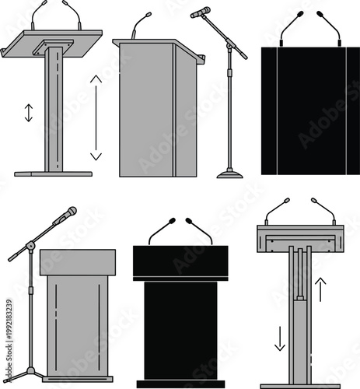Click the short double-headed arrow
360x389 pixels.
29,113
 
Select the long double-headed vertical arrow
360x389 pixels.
96,117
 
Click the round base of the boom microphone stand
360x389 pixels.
229,173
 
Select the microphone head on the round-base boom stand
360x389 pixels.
201,12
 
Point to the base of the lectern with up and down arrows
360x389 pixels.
299,384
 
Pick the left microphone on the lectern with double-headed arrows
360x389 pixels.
38,13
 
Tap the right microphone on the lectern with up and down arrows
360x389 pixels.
323,209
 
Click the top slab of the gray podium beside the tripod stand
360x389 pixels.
78,260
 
